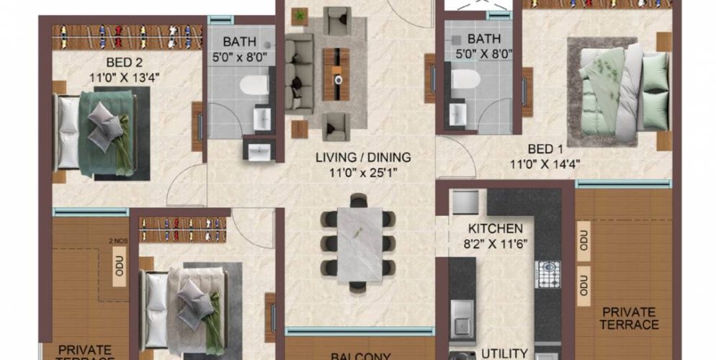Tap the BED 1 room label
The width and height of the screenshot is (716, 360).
(x=545, y=149)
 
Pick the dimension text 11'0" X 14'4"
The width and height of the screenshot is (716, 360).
(x=545, y=163)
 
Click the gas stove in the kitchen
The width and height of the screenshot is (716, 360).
(x=547, y=275)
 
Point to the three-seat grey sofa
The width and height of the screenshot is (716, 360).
(x=298, y=73)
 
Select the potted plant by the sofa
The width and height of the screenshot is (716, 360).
(x=300, y=15)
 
